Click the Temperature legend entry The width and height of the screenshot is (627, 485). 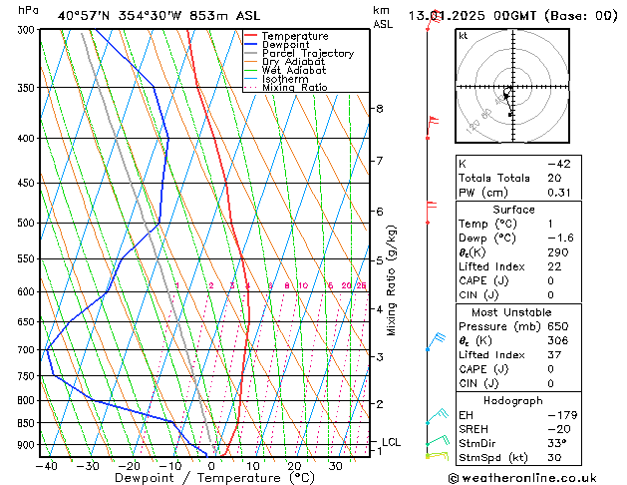(x=294, y=36)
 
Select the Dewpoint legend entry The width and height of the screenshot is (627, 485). (x=287, y=45)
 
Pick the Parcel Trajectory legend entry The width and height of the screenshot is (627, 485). (x=307, y=54)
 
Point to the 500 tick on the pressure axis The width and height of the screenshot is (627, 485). (x=27, y=224)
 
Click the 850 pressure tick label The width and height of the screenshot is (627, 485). (x=27, y=423)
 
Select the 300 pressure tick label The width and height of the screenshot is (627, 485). (x=27, y=30)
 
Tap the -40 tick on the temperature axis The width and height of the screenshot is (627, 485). (x=46, y=465)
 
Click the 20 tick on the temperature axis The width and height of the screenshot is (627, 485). (x=294, y=465)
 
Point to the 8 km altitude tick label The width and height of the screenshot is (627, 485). (x=379, y=108)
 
